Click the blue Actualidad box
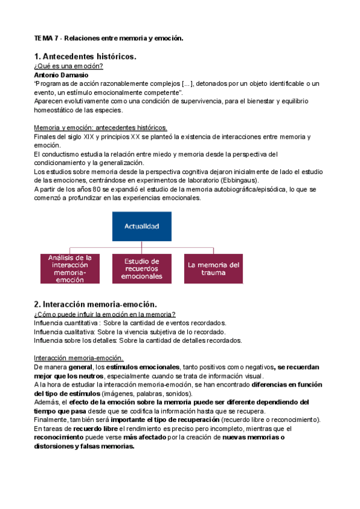(x=142, y=227)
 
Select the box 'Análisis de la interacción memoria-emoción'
(x=70, y=268)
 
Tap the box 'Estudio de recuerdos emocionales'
(x=142, y=268)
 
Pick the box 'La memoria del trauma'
(x=214, y=268)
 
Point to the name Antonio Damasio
(x=61, y=76)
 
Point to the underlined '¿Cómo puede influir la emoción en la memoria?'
(x=104, y=314)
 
